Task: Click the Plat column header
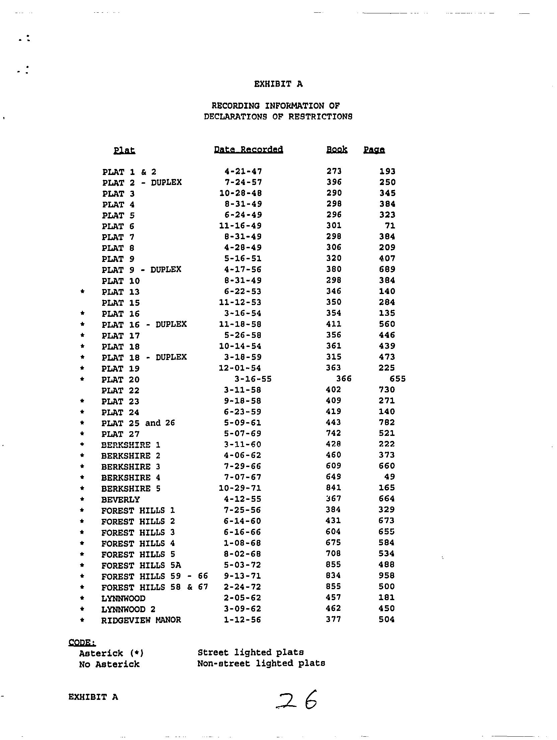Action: [124, 150]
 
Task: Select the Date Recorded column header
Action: [248, 150]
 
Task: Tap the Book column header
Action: [337, 150]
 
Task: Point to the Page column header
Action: [374, 150]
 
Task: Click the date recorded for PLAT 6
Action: [240, 226]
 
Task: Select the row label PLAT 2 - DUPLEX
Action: [142, 183]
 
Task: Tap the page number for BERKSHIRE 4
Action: [389, 477]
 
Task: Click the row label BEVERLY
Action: [121, 499]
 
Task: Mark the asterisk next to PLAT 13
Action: [82, 292]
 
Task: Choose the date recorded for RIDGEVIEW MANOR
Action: [242, 620]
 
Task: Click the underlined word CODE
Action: [82, 642]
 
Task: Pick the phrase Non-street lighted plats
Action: [261, 663]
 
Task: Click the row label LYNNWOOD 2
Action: [128, 609]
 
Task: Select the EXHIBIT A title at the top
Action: [278, 84]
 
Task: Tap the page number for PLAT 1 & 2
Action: [387, 172]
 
